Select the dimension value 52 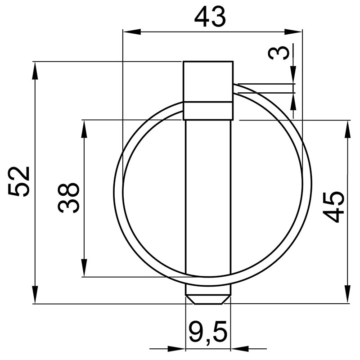tap(20, 181)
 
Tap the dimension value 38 tap(69, 198)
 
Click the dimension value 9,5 tap(208, 333)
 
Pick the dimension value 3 tap(279, 53)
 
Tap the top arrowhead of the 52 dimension tap(35, 70)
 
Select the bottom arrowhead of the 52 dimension tap(35, 294)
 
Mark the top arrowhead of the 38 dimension tap(84, 129)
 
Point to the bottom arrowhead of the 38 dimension tap(84, 267)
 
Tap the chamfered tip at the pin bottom tap(208, 299)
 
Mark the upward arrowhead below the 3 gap tap(293, 101)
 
